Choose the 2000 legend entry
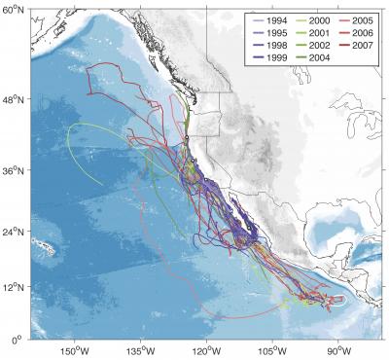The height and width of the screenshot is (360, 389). point(317,19)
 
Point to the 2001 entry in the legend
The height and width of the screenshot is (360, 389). point(317,31)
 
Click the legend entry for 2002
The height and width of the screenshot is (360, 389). point(317,43)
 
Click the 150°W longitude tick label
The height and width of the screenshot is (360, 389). point(75,350)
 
